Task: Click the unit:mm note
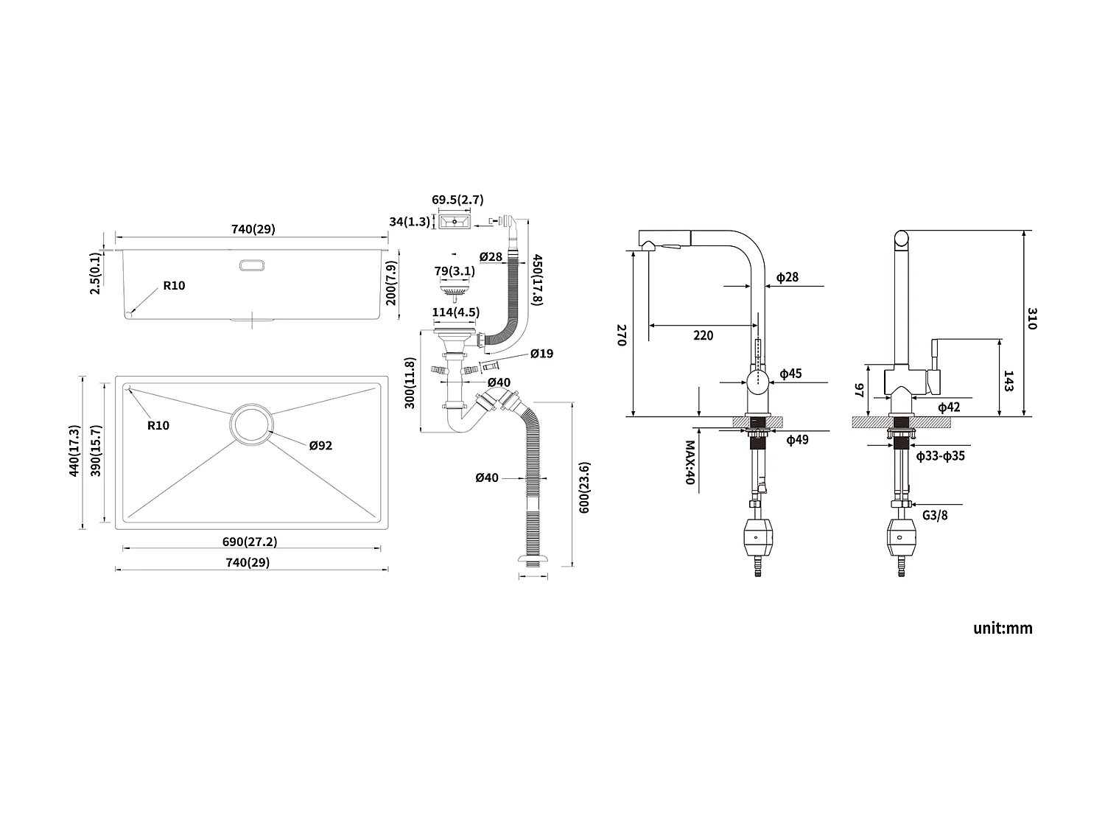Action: pyautogui.click(x=1002, y=628)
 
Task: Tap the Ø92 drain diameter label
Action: pyautogui.click(x=320, y=445)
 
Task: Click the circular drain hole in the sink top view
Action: pyautogui.click(x=251, y=425)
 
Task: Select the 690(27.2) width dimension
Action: pyautogui.click(x=250, y=542)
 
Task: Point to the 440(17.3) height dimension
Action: pyautogui.click(x=74, y=451)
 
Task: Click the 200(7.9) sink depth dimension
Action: pyautogui.click(x=392, y=282)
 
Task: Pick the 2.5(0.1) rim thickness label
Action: pyautogui.click(x=95, y=274)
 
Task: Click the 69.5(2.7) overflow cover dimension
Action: pyautogui.click(x=457, y=200)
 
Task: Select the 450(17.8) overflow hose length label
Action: pyautogui.click(x=537, y=280)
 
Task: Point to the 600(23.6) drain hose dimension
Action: pyautogui.click(x=584, y=487)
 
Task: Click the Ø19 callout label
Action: pyautogui.click(x=541, y=354)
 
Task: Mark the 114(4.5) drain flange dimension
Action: pyautogui.click(x=455, y=312)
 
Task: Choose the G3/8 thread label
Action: pyautogui.click(x=935, y=514)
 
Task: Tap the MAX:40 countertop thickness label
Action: pyautogui.click(x=690, y=462)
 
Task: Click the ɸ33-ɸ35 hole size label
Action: pyautogui.click(x=940, y=456)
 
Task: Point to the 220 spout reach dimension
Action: pyautogui.click(x=703, y=335)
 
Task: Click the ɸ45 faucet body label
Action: pyautogui.click(x=790, y=374)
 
